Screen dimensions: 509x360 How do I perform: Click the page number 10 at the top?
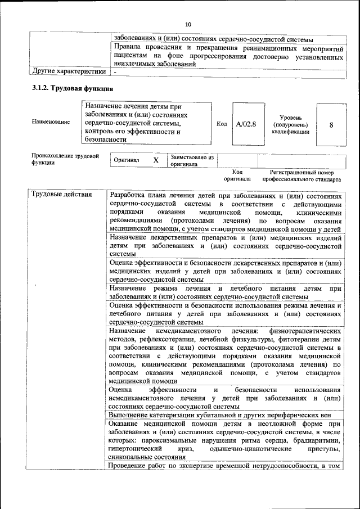pyautogui.click(x=188, y=24)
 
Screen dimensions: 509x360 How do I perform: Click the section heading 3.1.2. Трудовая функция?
pyautogui.click(x=73, y=89)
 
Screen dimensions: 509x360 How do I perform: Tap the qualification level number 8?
pyautogui.click(x=331, y=125)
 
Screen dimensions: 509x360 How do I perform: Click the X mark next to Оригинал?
pyautogui.click(x=156, y=160)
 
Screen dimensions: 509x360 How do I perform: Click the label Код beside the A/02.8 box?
pyautogui.click(x=222, y=124)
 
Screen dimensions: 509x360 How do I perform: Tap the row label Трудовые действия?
pyautogui.click(x=62, y=195)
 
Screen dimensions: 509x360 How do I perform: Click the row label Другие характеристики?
pyautogui.click(x=69, y=72)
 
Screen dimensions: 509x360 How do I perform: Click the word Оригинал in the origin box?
pyautogui.click(x=127, y=160)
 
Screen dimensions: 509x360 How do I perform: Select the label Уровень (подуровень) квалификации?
pyautogui.click(x=290, y=124)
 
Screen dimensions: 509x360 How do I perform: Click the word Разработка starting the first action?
pyautogui.click(x=130, y=195)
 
